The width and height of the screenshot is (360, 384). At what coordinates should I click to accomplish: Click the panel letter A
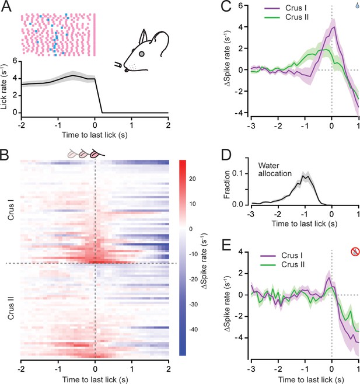[x=6, y=6]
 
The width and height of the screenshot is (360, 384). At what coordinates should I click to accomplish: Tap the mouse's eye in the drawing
[x=142, y=54]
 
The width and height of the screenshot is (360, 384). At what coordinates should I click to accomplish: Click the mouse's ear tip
[x=144, y=30]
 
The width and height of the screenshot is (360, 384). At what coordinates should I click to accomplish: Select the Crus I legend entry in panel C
[x=285, y=8]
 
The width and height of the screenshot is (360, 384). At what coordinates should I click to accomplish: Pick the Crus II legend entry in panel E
[x=282, y=265]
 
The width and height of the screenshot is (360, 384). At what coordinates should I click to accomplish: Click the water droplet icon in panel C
[x=357, y=5]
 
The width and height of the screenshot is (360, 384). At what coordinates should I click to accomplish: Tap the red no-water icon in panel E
[x=355, y=252]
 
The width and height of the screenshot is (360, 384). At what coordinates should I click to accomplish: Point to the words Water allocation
[x=275, y=169]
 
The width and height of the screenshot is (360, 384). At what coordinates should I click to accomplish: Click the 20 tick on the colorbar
[x=193, y=179]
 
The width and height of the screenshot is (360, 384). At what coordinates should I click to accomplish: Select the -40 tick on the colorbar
[x=193, y=330]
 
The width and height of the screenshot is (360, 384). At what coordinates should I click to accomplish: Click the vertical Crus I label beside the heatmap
[x=11, y=210]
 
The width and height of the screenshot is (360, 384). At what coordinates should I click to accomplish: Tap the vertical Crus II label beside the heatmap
[x=11, y=308]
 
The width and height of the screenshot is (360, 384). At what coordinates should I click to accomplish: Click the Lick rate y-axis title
[x=4, y=87]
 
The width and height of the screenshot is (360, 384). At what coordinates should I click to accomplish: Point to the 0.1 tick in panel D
[x=237, y=173]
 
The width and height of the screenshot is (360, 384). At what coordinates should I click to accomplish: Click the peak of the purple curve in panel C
[x=334, y=27]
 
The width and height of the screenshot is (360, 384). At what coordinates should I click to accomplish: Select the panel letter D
[x=226, y=155]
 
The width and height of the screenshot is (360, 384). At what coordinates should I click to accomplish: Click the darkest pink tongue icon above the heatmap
[x=97, y=154]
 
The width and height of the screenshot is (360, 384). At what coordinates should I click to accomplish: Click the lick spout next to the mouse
[x=118, y=65]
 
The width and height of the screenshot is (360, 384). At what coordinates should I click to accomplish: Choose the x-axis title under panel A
[x=95, y=135]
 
